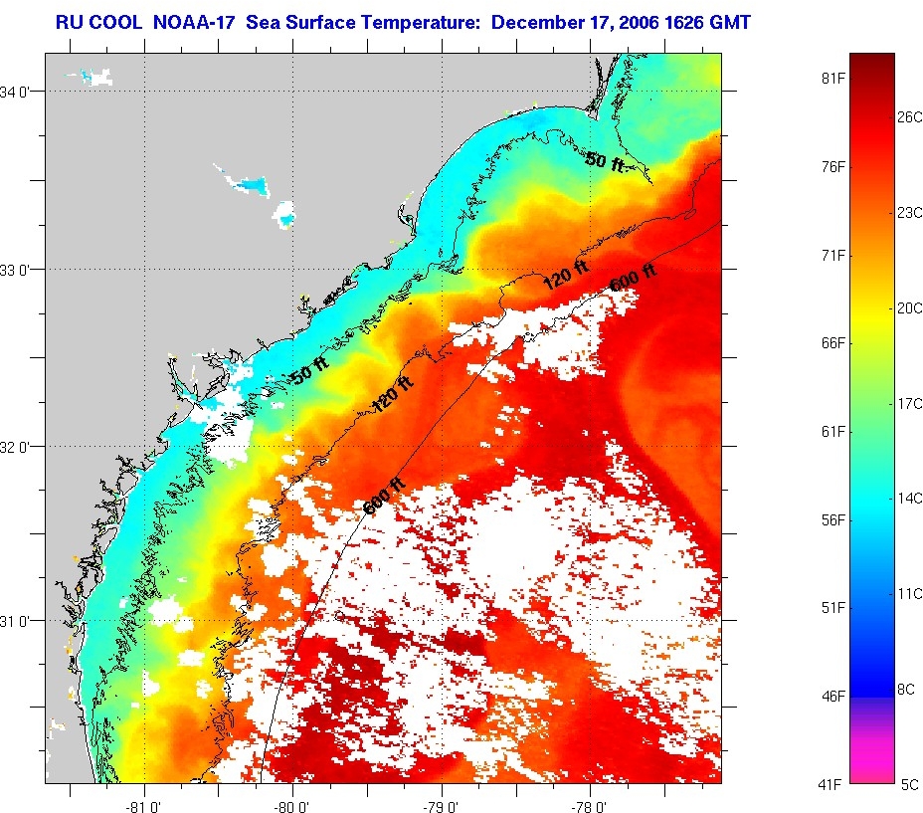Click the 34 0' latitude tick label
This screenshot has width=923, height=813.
(x=20, y=92)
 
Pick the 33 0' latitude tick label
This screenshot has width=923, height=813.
(x=20, y=269)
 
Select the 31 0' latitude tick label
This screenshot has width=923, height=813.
(x=20, y=621)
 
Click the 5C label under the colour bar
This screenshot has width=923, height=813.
(x=910, y=784)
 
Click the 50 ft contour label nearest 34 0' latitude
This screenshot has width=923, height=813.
(x=605, y=160)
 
